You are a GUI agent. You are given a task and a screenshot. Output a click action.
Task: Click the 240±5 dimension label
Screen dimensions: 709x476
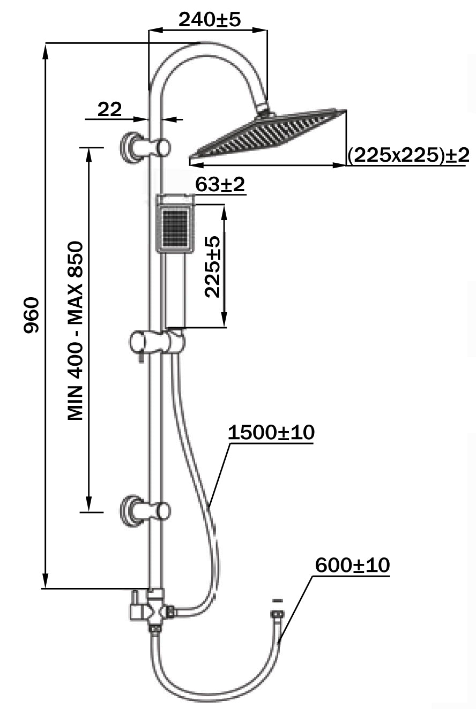(x=210, y=20)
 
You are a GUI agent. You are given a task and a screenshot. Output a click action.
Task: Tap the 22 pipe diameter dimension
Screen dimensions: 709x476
(x=109, y=110)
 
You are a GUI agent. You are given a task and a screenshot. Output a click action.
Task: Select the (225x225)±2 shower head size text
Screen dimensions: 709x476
(x=408, y=156)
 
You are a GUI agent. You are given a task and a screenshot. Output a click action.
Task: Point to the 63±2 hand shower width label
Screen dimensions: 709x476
(x=220, y=185)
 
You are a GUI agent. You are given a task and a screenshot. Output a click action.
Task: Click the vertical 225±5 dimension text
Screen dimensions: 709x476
(x=212, y=266)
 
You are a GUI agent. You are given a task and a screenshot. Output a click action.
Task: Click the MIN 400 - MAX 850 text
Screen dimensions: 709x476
(x=76, y=330)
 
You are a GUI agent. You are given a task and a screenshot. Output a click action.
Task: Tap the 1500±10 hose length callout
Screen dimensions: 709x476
(x=271, y=433)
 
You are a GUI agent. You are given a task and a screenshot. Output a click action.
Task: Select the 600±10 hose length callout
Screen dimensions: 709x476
(x=352, y=565)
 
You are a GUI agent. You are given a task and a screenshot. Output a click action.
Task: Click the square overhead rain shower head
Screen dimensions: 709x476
(x=268, y=133)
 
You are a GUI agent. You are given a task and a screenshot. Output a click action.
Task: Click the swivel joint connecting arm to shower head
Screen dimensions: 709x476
(x=264, y=110)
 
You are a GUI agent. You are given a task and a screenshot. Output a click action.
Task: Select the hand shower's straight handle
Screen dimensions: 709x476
(x=174, y=289)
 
